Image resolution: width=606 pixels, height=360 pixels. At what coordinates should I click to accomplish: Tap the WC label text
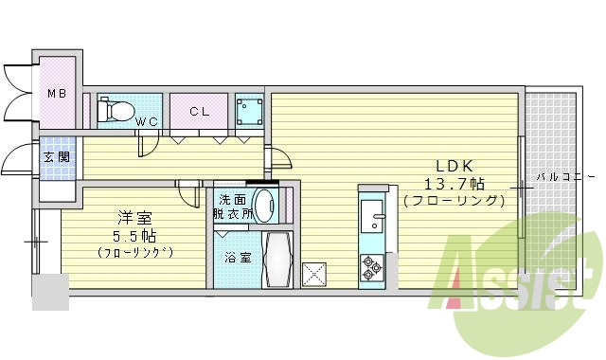[x=146, y=121]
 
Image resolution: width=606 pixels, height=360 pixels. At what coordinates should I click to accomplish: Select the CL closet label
[x=199, y=112]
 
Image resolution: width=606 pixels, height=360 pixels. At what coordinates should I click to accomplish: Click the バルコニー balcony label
[x=564, y=176]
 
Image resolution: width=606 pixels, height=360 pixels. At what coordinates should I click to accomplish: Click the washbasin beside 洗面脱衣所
[x=268, y=205]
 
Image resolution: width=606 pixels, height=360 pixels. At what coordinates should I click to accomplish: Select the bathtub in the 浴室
[x=278, y=259]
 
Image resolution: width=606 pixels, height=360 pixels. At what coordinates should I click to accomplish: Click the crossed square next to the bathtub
[x=314, y=274]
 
